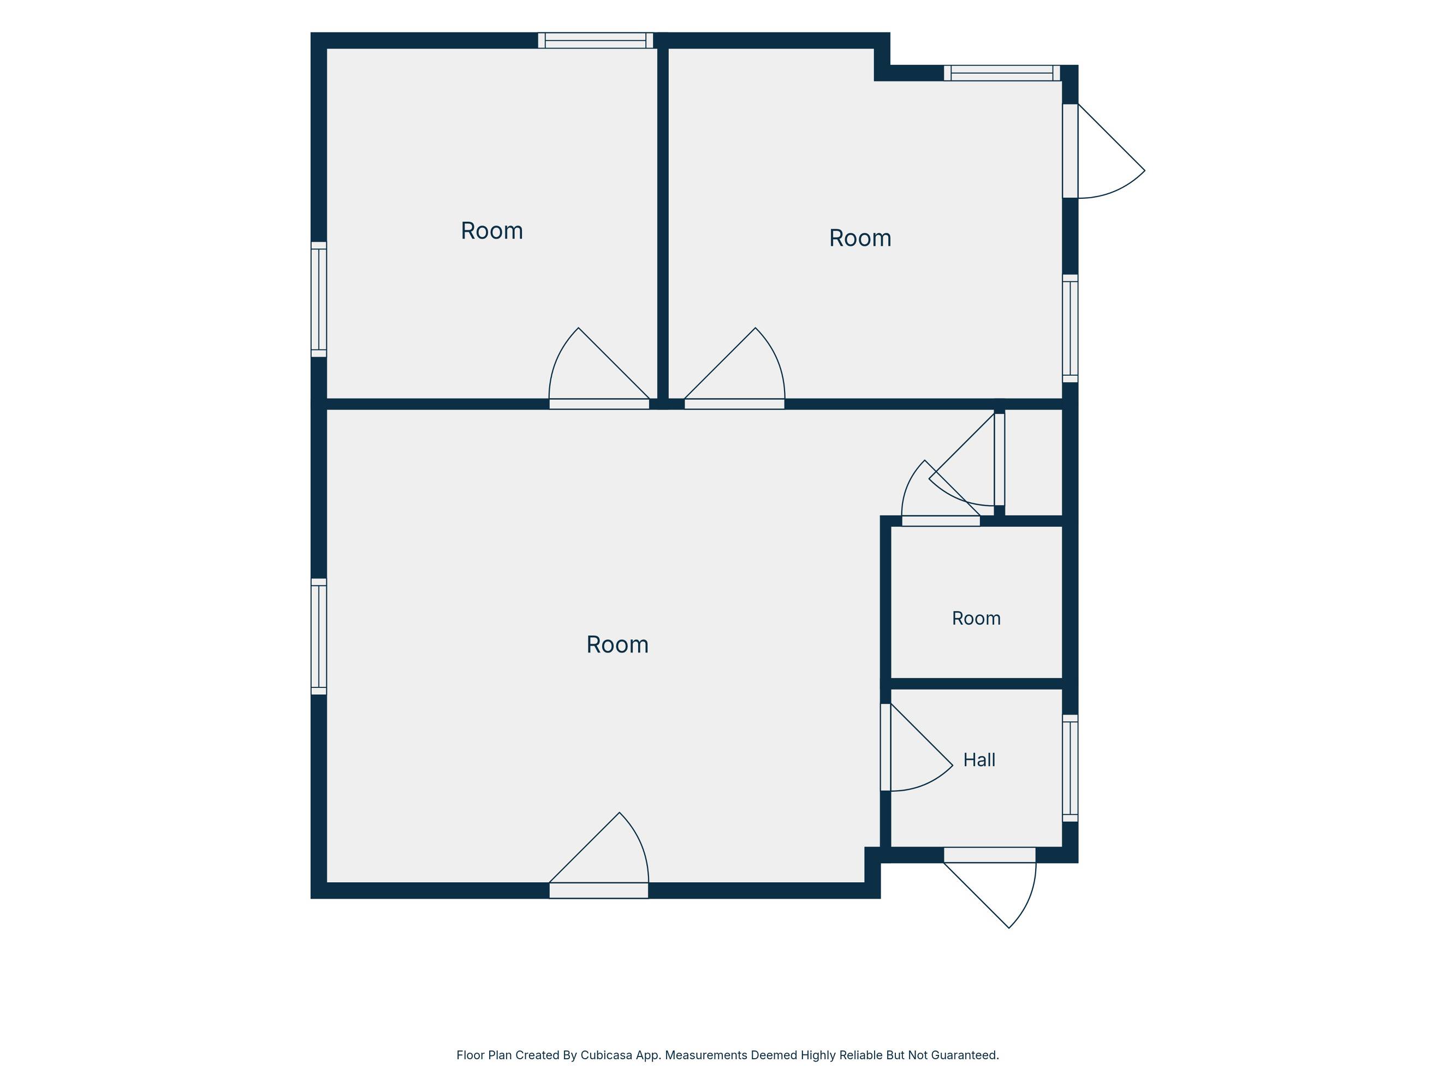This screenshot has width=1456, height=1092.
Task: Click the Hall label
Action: click(x=979, y=760)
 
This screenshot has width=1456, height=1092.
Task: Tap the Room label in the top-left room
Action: click(x=492, y=231)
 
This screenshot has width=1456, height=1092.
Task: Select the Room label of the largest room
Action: click(x=617, y=645)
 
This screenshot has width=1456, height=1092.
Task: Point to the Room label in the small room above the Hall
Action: click(x=976, y=619)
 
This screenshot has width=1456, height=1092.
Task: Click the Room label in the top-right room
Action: click(x=860, y=238)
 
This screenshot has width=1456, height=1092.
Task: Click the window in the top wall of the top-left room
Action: click(x=596, y=41)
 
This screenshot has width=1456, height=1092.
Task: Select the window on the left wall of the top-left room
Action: click(x=319, y=300)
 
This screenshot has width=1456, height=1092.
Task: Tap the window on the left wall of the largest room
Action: click(x=319, y=637)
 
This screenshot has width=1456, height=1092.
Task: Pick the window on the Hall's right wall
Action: click(x=1070, y=768)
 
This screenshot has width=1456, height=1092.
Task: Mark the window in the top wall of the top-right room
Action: click(x=1002, y=73)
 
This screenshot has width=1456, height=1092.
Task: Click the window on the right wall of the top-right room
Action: click(x=1070, y=329)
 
